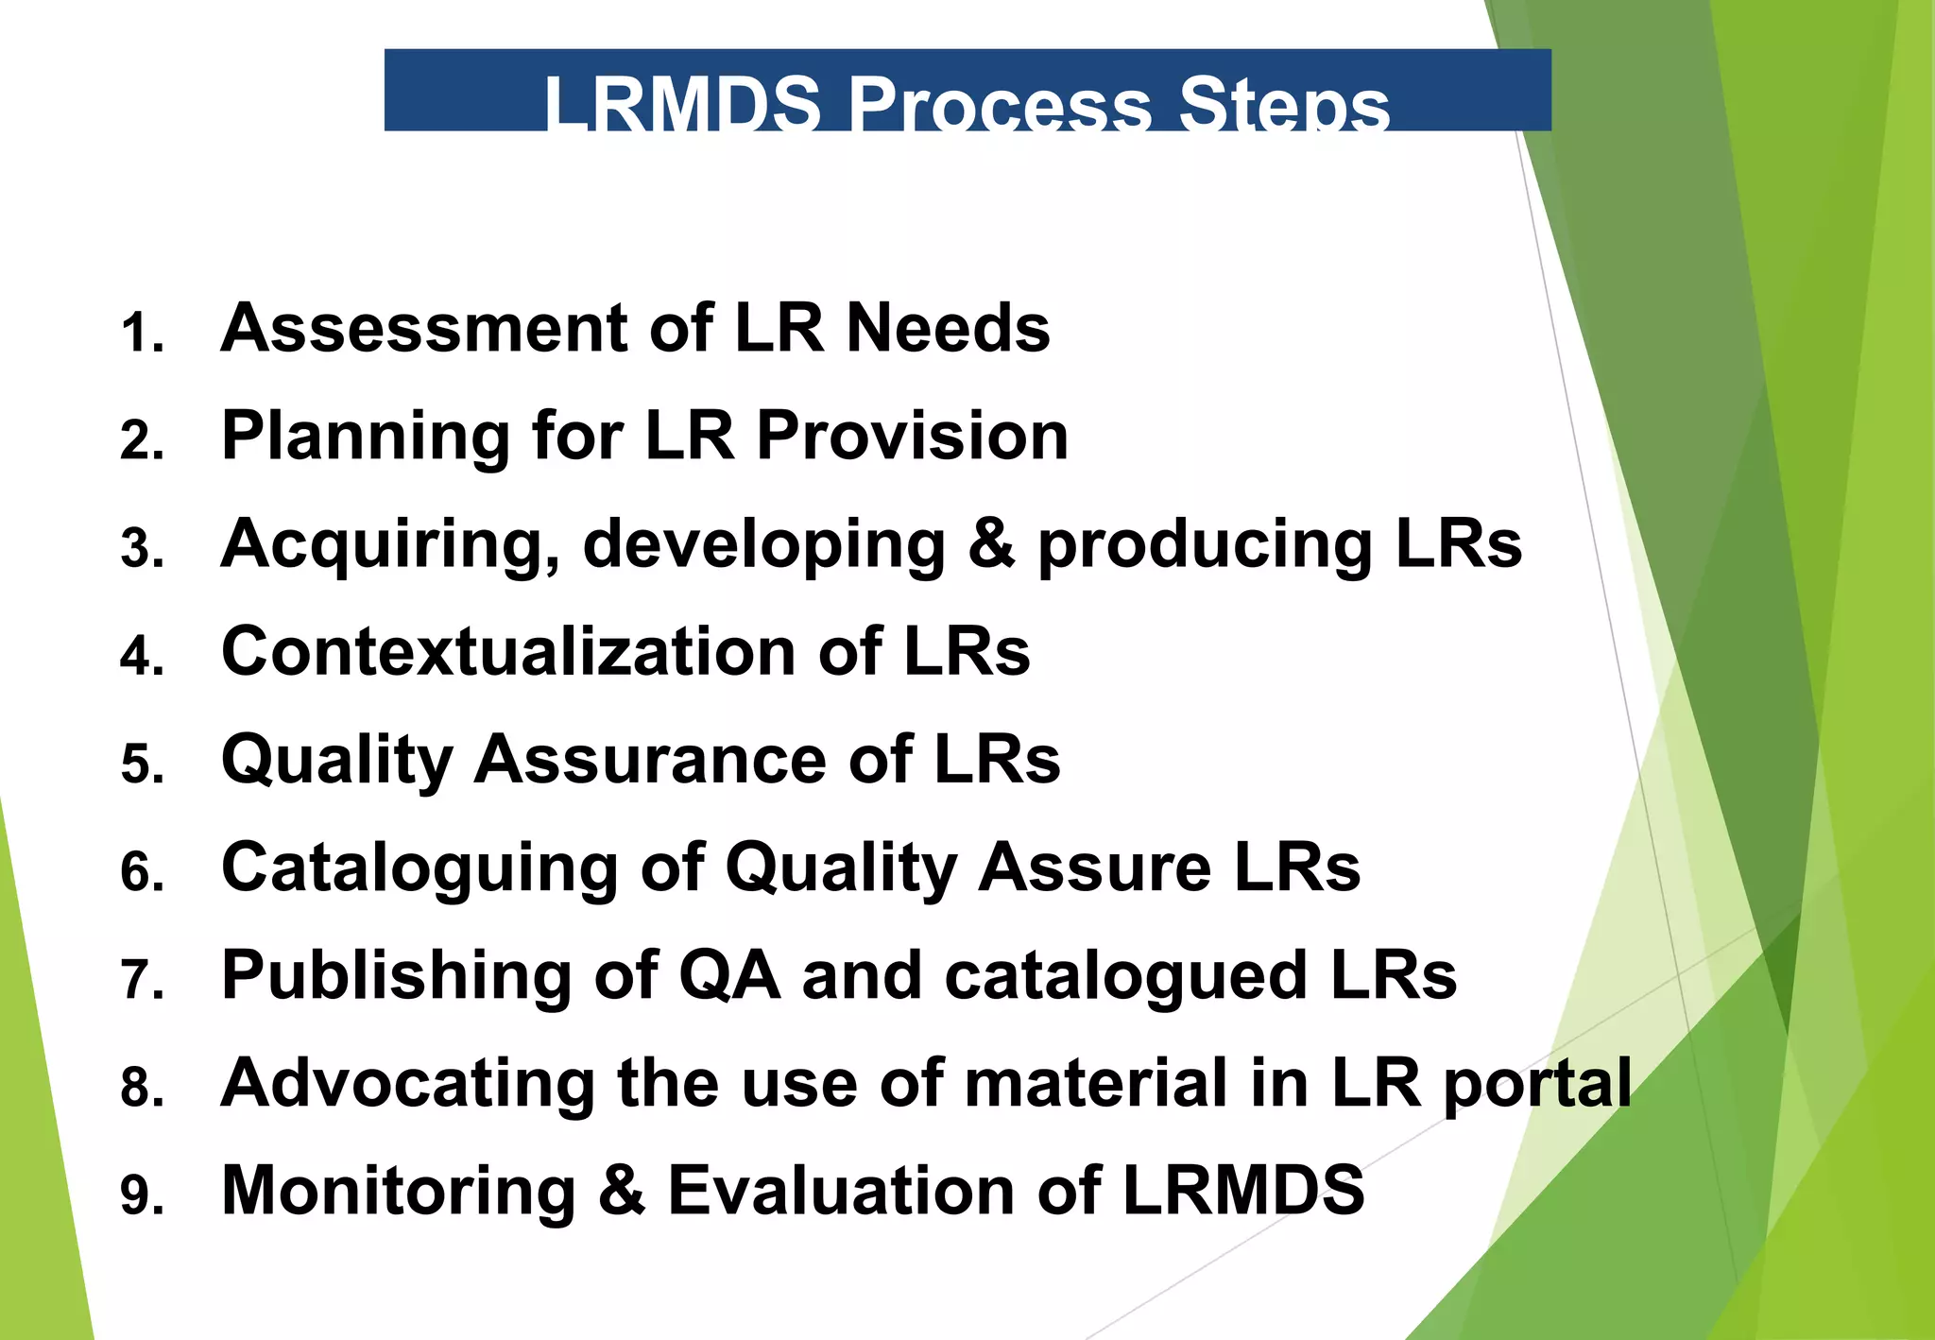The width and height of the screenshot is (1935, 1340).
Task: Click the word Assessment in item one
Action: point(423,328)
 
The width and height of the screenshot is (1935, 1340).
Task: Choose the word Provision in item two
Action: point(913,436)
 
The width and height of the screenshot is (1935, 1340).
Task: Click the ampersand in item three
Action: point(991,544)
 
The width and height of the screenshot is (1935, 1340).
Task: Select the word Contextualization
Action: point(509,651)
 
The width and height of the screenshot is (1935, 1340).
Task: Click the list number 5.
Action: point(141,764)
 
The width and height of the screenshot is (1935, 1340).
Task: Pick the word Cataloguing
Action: point(420,868)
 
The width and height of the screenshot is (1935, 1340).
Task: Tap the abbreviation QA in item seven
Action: point(729,975)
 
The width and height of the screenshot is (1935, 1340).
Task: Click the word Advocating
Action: point(407,1083)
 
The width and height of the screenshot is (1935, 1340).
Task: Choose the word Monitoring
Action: point(398,1191)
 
